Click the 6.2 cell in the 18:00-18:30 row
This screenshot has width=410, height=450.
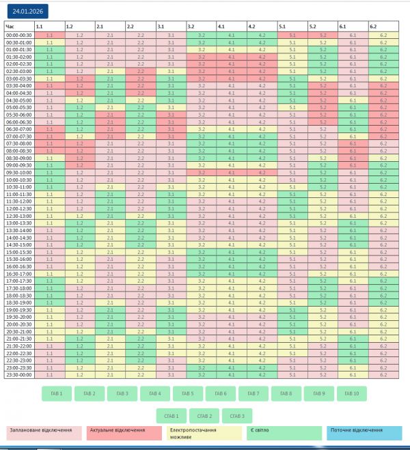point(383,295)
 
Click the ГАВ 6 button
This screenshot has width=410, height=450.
point(221,394)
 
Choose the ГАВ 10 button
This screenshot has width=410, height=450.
point(352,394)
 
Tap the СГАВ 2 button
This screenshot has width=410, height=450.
point(204,415)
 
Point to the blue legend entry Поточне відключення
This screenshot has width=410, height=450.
point(365,434)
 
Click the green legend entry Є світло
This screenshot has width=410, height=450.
point(285,434)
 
